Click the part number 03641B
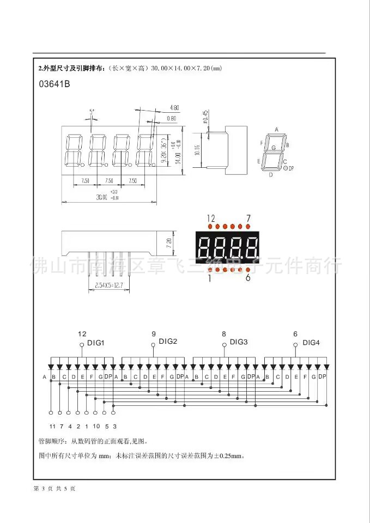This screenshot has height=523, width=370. (x=54, y=84)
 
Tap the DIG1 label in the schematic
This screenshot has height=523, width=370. (x=96, y=343)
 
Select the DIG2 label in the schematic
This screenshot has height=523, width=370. (x=168, y=342)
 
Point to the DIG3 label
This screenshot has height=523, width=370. (x=239, y=342)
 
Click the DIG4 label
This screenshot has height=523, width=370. (x=311, y=342)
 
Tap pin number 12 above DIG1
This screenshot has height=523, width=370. (x=82, y=334)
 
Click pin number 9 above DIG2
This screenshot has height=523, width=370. (x=154, y=333)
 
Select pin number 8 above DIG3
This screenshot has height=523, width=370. (x=224, y=333)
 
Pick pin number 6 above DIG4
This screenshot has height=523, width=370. (x=295, y=334)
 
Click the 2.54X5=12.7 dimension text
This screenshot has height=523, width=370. (x=108, y=285)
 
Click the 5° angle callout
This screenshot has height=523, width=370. (x=92, y=111)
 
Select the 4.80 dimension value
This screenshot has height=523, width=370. (x=174, y=107)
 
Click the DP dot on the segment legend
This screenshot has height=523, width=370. (x=285, y=168)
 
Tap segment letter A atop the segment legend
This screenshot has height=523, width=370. (x=276, y=130)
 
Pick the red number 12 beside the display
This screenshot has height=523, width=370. (x=211, y=218)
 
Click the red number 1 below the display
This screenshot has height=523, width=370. (x=209, y=278)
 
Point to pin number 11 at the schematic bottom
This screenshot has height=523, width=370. (x=52, y=426)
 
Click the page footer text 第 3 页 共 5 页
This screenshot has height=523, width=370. (x=54, y=488)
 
